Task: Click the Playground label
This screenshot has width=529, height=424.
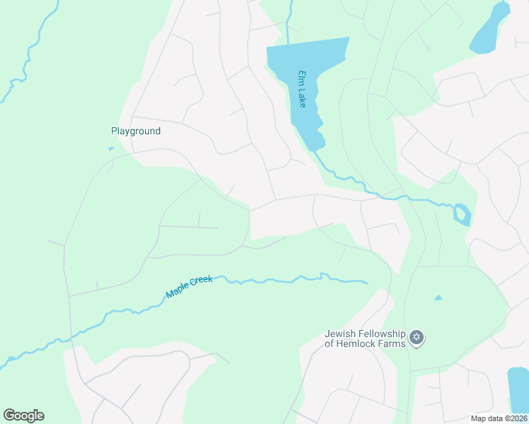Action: (136, 131)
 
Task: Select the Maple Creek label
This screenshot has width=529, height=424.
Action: (189, 285)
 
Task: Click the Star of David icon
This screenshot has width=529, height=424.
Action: (417, 338)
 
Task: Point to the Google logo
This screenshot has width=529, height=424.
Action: (23, 416)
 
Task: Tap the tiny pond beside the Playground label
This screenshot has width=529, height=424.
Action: (111, 148)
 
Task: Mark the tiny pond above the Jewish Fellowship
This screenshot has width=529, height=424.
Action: (438, 298)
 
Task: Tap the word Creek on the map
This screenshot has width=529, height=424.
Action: (200, 282)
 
